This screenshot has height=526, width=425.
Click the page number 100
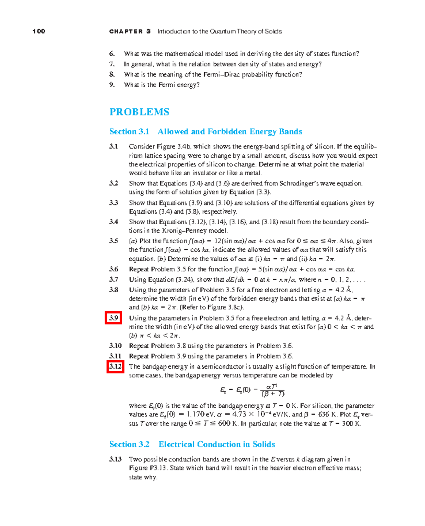(x=39, y=31)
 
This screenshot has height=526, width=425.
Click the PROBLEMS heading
(x=139, y=112)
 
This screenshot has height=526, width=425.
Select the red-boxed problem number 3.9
(x=114, y=318)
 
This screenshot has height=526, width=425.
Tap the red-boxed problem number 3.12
(x=115, y=366)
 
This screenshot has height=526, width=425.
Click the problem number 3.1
(x=113, y=146)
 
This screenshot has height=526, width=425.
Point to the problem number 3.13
(x=115, y=459)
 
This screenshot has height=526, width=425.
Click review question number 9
(x=112, y=85)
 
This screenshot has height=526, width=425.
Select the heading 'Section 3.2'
(x=129, y=444)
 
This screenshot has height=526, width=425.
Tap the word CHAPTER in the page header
(x=126, y=32)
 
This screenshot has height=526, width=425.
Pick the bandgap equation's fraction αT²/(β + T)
(x=272, y=390)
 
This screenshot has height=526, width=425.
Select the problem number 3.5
(x=113, y=241)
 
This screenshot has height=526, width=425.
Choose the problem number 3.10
(x=115, y=346)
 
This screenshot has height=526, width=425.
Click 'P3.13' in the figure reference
(x=158, y=468)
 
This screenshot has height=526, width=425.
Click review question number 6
(x=112, y=54)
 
